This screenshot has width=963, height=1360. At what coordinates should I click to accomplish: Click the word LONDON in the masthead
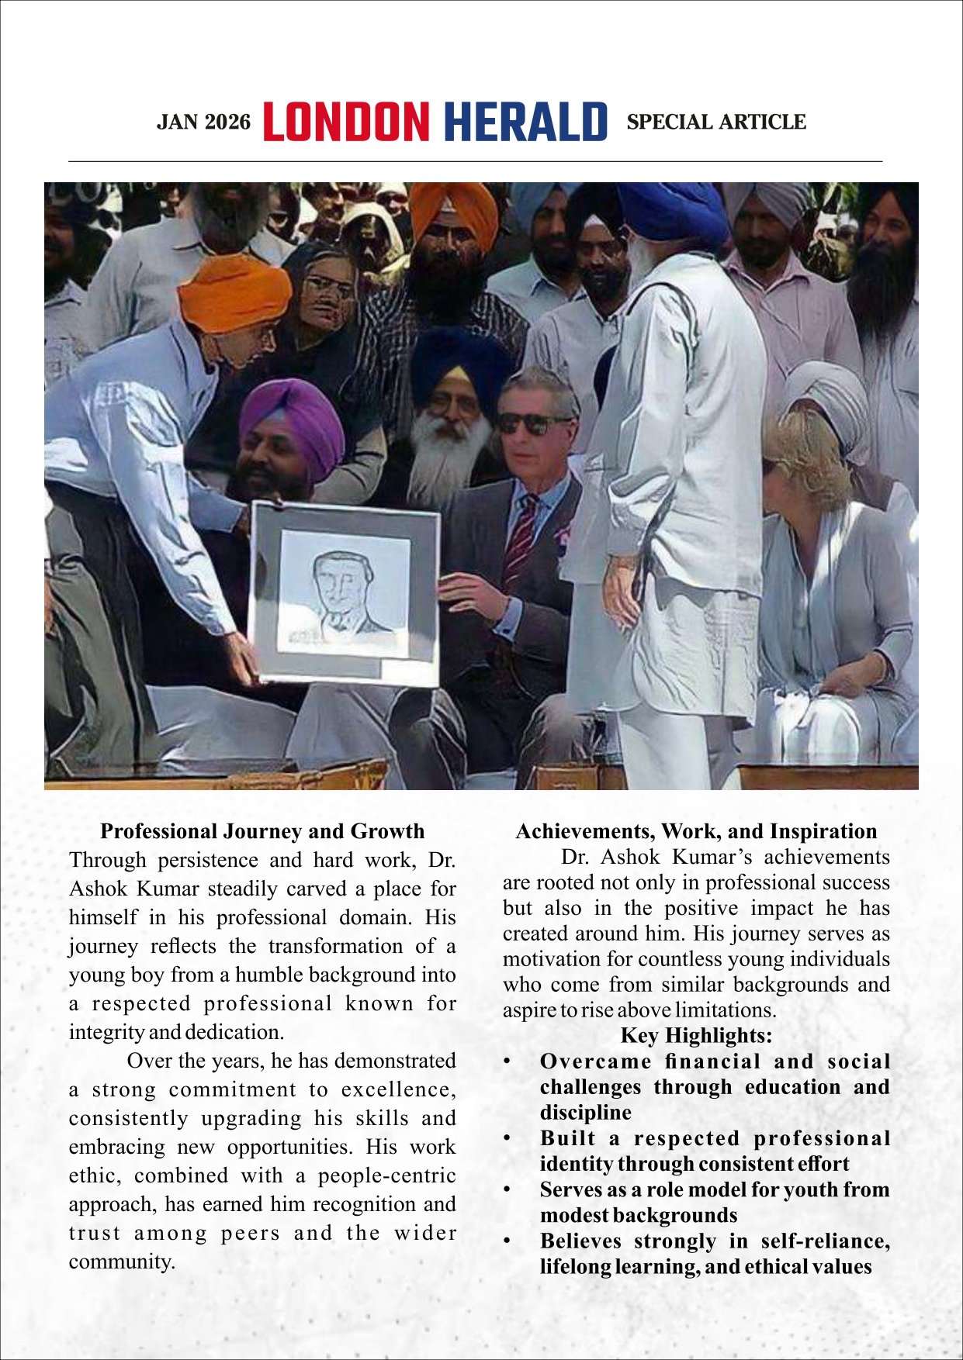[x=346, y=122]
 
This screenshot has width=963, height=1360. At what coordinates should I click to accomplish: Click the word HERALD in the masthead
[x=526, y=122]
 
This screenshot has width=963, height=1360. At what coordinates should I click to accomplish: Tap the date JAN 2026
[x=204, y=123]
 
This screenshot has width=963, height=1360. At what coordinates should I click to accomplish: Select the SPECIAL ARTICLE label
[x=715, y=123]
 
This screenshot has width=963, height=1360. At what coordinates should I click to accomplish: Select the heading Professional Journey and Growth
[x=262, y=831]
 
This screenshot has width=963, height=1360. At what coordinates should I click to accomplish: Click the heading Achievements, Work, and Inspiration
[x=696, y=831]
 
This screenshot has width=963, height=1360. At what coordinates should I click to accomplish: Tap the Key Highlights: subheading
[x=696, y=1035]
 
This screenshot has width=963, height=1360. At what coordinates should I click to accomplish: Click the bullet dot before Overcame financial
[x=507, y=1061]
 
